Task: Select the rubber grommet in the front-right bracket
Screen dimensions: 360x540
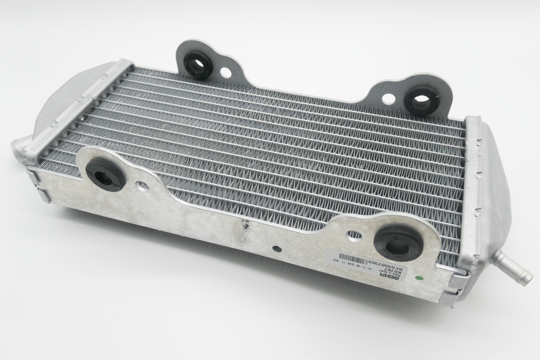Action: coord(398,244)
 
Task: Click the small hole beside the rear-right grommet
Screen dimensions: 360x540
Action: coord(389,99)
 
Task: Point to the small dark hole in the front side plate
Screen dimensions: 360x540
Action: coord(277,249)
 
